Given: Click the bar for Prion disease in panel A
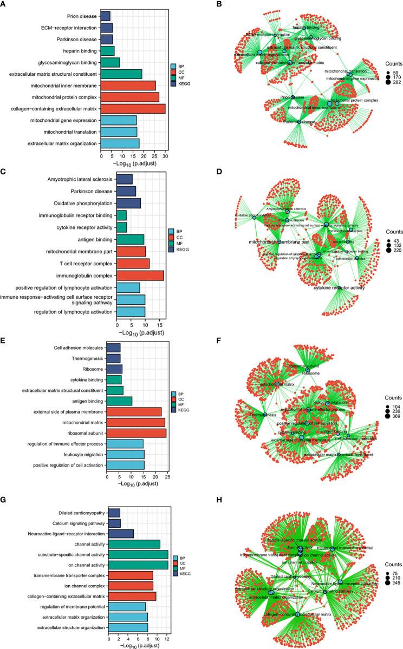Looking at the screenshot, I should click(105, 16).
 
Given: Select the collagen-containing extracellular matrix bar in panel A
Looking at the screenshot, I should click(133, 109).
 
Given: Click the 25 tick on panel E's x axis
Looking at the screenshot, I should click(167, 477).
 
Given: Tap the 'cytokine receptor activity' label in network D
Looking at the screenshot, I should click(339, 288).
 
